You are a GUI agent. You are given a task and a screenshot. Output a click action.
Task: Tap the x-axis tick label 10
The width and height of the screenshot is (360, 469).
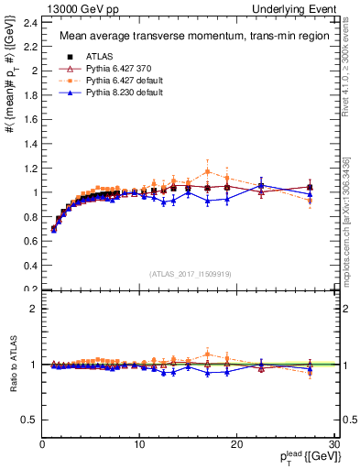pos(139,444)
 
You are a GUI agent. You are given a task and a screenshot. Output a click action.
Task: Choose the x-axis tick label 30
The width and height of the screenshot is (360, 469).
pos(333,444)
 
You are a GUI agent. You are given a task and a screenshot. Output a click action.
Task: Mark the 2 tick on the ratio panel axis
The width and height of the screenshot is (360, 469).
pos(34,309)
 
